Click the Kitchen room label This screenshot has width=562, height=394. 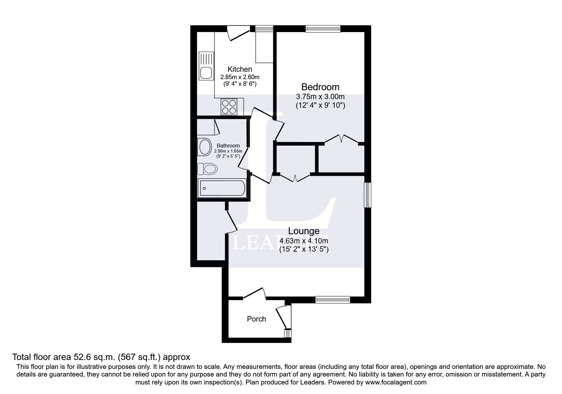pos(240,69)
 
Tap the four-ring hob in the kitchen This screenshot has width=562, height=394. pos(229,107)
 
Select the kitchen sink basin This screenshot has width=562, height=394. pos(206,73)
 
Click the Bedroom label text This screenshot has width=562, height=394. pos(320,87)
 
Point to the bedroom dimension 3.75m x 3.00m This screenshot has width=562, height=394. pos(320,97)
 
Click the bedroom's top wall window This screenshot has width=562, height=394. pos(323,29)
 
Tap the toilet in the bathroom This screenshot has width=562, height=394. pos(208,168)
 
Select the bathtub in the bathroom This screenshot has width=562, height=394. pos(222,188)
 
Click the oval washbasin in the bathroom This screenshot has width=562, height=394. pos(205,147)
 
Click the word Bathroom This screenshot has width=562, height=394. pos(228,146)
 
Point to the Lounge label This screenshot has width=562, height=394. pos(304,231)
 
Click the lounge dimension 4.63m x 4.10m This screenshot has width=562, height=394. pos(304,241)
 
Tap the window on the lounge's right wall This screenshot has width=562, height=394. pos(367,195)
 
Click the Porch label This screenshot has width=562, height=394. pos(256,319)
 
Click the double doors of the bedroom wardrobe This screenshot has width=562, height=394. pos(341,139)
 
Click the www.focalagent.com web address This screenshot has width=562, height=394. pos(395,382)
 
